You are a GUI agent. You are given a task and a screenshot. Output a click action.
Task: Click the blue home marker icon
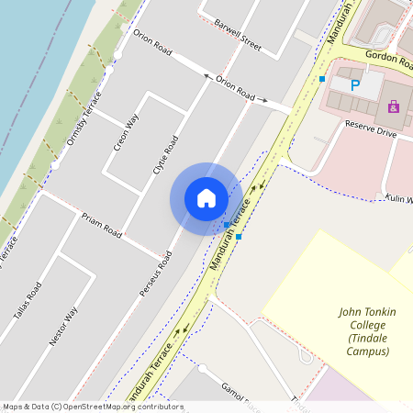(206, 197)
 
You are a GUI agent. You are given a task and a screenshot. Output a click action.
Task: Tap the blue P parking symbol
(356, 84)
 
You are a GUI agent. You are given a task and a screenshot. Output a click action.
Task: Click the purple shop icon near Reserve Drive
(394, 106)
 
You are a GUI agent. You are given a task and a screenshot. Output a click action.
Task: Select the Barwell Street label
(238, 34)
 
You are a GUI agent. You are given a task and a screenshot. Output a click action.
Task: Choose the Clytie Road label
(165, 157)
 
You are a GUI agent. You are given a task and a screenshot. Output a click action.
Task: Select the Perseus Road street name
(156, 273)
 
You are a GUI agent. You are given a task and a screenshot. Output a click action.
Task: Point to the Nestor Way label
(64, 326)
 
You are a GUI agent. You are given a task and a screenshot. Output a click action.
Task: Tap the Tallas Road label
(28, 304)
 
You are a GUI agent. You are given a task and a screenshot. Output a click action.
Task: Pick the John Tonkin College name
(367, 312)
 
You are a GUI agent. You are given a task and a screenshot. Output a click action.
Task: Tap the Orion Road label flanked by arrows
(235, 88)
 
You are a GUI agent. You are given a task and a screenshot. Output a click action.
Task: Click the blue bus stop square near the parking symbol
(322, 80)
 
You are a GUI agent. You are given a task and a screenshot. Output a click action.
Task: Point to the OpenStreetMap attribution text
(93, 406)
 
